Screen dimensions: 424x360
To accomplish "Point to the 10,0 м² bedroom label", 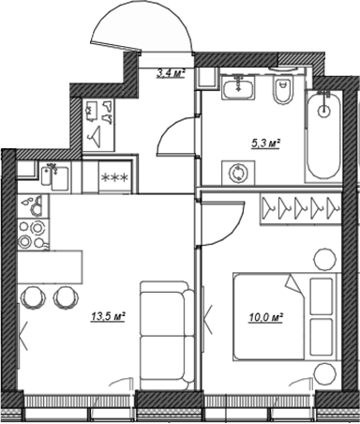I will (267, 317).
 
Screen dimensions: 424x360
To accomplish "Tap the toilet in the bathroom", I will (281, 92).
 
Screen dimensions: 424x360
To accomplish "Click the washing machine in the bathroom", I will (238, 173).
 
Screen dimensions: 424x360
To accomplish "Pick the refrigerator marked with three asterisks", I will (114, 176).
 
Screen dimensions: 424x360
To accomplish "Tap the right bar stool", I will (66, 297).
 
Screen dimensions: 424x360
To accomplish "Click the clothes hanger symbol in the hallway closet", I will (97, 121).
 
